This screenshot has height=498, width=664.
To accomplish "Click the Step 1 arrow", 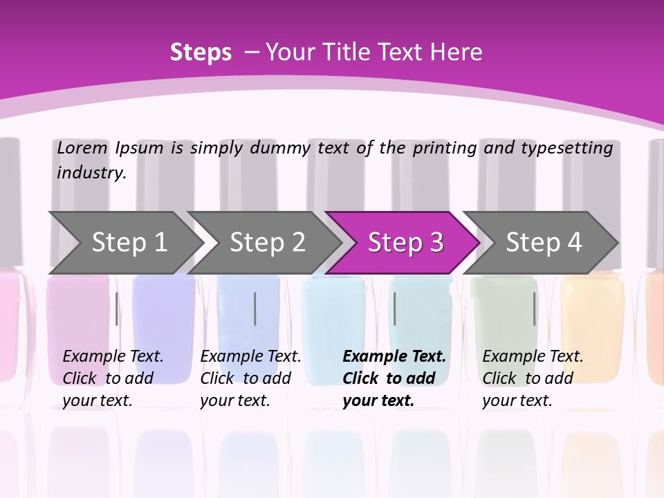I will [129, 243].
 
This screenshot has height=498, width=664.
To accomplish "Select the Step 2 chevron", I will [267, 243].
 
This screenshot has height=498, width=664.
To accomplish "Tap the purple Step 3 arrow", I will [405, 243].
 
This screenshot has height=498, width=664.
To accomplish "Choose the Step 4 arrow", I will [544, 243].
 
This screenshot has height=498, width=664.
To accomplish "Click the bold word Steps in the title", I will [201, 53].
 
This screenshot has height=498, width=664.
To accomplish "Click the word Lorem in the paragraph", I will [82, 148].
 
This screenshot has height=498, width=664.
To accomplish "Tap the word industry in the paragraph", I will [91, 173].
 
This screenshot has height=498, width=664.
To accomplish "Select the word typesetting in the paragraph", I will [566, 148].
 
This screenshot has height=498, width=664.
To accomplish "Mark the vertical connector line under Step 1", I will [116, 308].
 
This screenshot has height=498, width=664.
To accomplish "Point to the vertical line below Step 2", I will [255, 308].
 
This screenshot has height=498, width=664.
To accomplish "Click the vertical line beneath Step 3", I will [394, 308].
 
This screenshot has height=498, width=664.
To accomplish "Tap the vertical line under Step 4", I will [534, 308].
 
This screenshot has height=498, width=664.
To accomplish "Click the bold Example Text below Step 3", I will [394, 357].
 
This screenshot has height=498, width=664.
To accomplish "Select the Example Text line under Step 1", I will [113, 357].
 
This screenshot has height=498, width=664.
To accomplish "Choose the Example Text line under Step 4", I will [533, 357].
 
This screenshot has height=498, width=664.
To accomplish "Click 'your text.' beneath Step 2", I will [234, 401].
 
